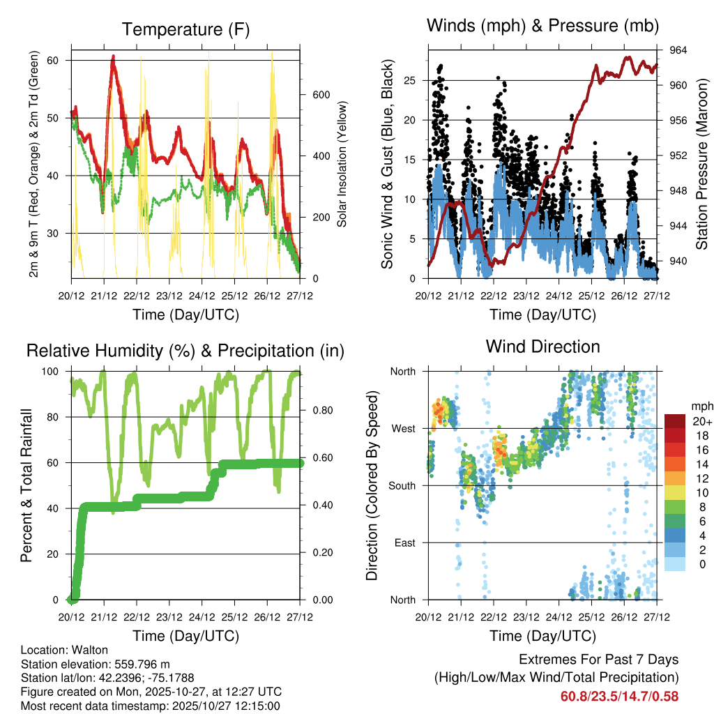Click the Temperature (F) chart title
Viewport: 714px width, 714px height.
pos(185,29)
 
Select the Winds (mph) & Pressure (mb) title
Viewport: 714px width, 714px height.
pos(543,26)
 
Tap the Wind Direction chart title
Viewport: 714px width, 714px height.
pos(542,346)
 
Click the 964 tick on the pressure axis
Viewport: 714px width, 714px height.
pos(679,50)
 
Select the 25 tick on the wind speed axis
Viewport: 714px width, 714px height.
pos(411,80)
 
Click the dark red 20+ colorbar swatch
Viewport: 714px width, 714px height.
pos(676,421)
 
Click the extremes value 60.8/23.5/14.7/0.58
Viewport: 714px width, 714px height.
pos(619,696)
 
